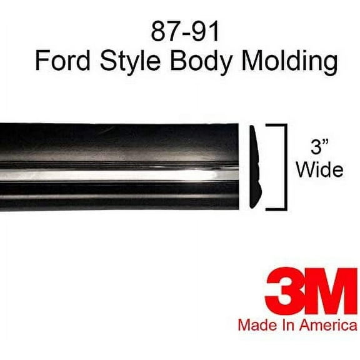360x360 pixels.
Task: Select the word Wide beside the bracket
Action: [x=319, y=170]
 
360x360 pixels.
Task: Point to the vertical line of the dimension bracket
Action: [x=286, y=166]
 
